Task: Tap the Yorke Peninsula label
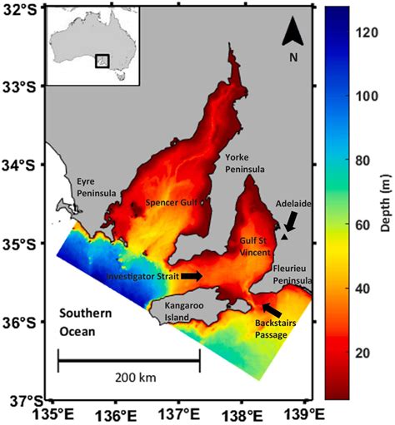(245, 163)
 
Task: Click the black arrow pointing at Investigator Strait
(191, 274)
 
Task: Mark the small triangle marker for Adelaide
(284, 237)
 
